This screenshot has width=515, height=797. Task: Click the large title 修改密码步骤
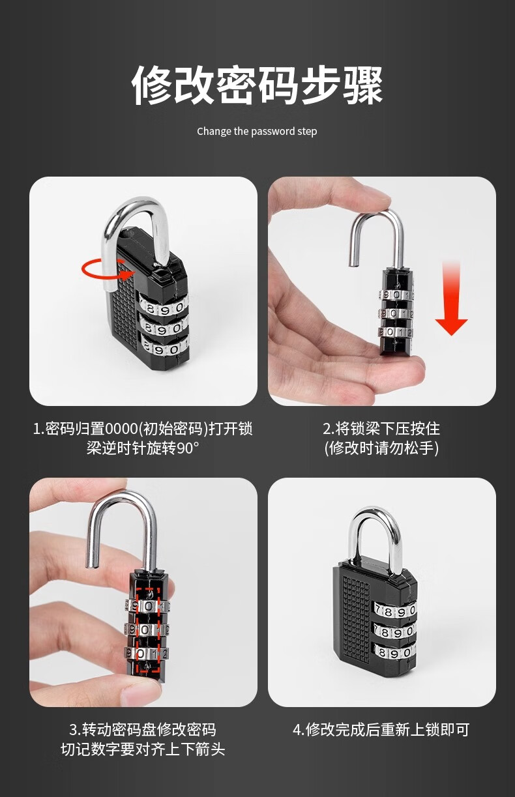pos(257,85)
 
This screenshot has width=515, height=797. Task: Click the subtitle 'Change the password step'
pos(257,131)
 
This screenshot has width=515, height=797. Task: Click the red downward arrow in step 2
pos(451,298)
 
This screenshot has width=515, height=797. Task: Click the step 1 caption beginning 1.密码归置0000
pos(143,438)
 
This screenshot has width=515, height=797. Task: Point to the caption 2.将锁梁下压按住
pos(381,428)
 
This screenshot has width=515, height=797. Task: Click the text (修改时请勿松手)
pos(381,448)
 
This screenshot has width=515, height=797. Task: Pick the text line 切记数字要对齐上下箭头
pos(143,749)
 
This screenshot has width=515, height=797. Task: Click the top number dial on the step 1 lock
pos(164,306)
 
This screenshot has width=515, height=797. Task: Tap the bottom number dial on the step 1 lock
pos(166,347)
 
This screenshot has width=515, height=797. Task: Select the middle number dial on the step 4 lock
pos(394,631)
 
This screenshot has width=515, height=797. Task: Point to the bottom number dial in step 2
pos(396,332)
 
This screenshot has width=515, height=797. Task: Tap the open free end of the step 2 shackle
pos(353,263)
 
